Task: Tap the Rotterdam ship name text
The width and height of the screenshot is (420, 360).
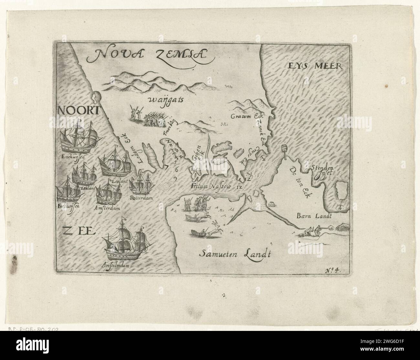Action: (x=140, y=197)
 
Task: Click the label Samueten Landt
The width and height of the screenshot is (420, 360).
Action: (x=234, y=254)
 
